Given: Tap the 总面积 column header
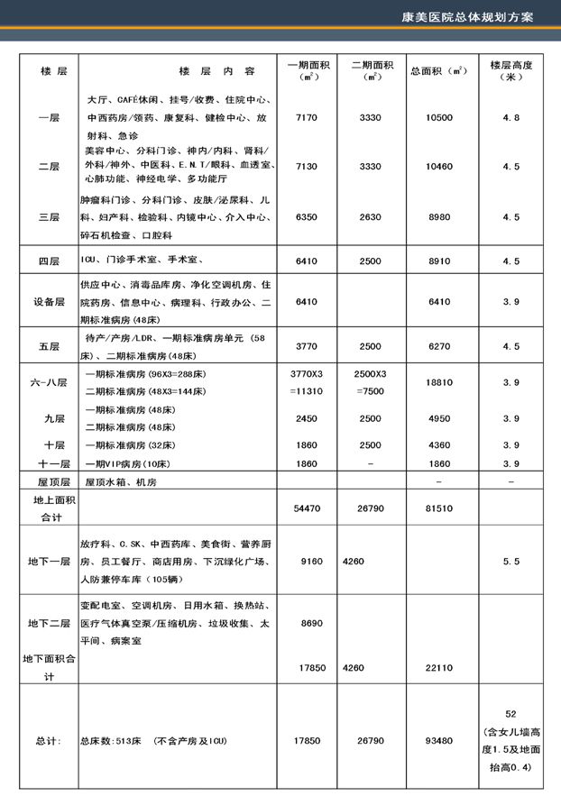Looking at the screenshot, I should coord(437,70).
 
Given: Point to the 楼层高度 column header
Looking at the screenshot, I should coord(510,71).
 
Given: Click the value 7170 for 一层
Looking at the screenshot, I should coord(307,118).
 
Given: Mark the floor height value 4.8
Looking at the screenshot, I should coord(510,118).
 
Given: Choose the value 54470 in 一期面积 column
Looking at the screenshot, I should coord(307,509).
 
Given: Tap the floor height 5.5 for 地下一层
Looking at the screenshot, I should coord(510,561).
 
